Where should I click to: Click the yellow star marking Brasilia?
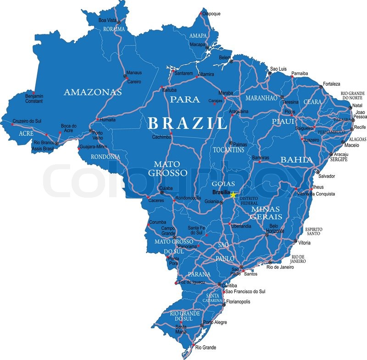(233, 195)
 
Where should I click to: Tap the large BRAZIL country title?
(188, 123)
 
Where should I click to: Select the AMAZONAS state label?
(93, 92)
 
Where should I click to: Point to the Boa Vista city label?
(108, 20)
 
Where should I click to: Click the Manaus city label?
(134, 72)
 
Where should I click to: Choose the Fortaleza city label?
(332, 84)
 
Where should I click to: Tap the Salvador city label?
(327, 176)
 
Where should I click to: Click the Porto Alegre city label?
(215, 322)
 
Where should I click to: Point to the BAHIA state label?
(297, 160)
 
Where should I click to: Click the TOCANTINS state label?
(228, 150)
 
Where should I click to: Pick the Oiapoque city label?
(211, 14)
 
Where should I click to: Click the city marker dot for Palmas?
(231, 143)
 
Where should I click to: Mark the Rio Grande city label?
(206, 348)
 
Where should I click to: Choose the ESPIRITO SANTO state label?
(314, 231)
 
